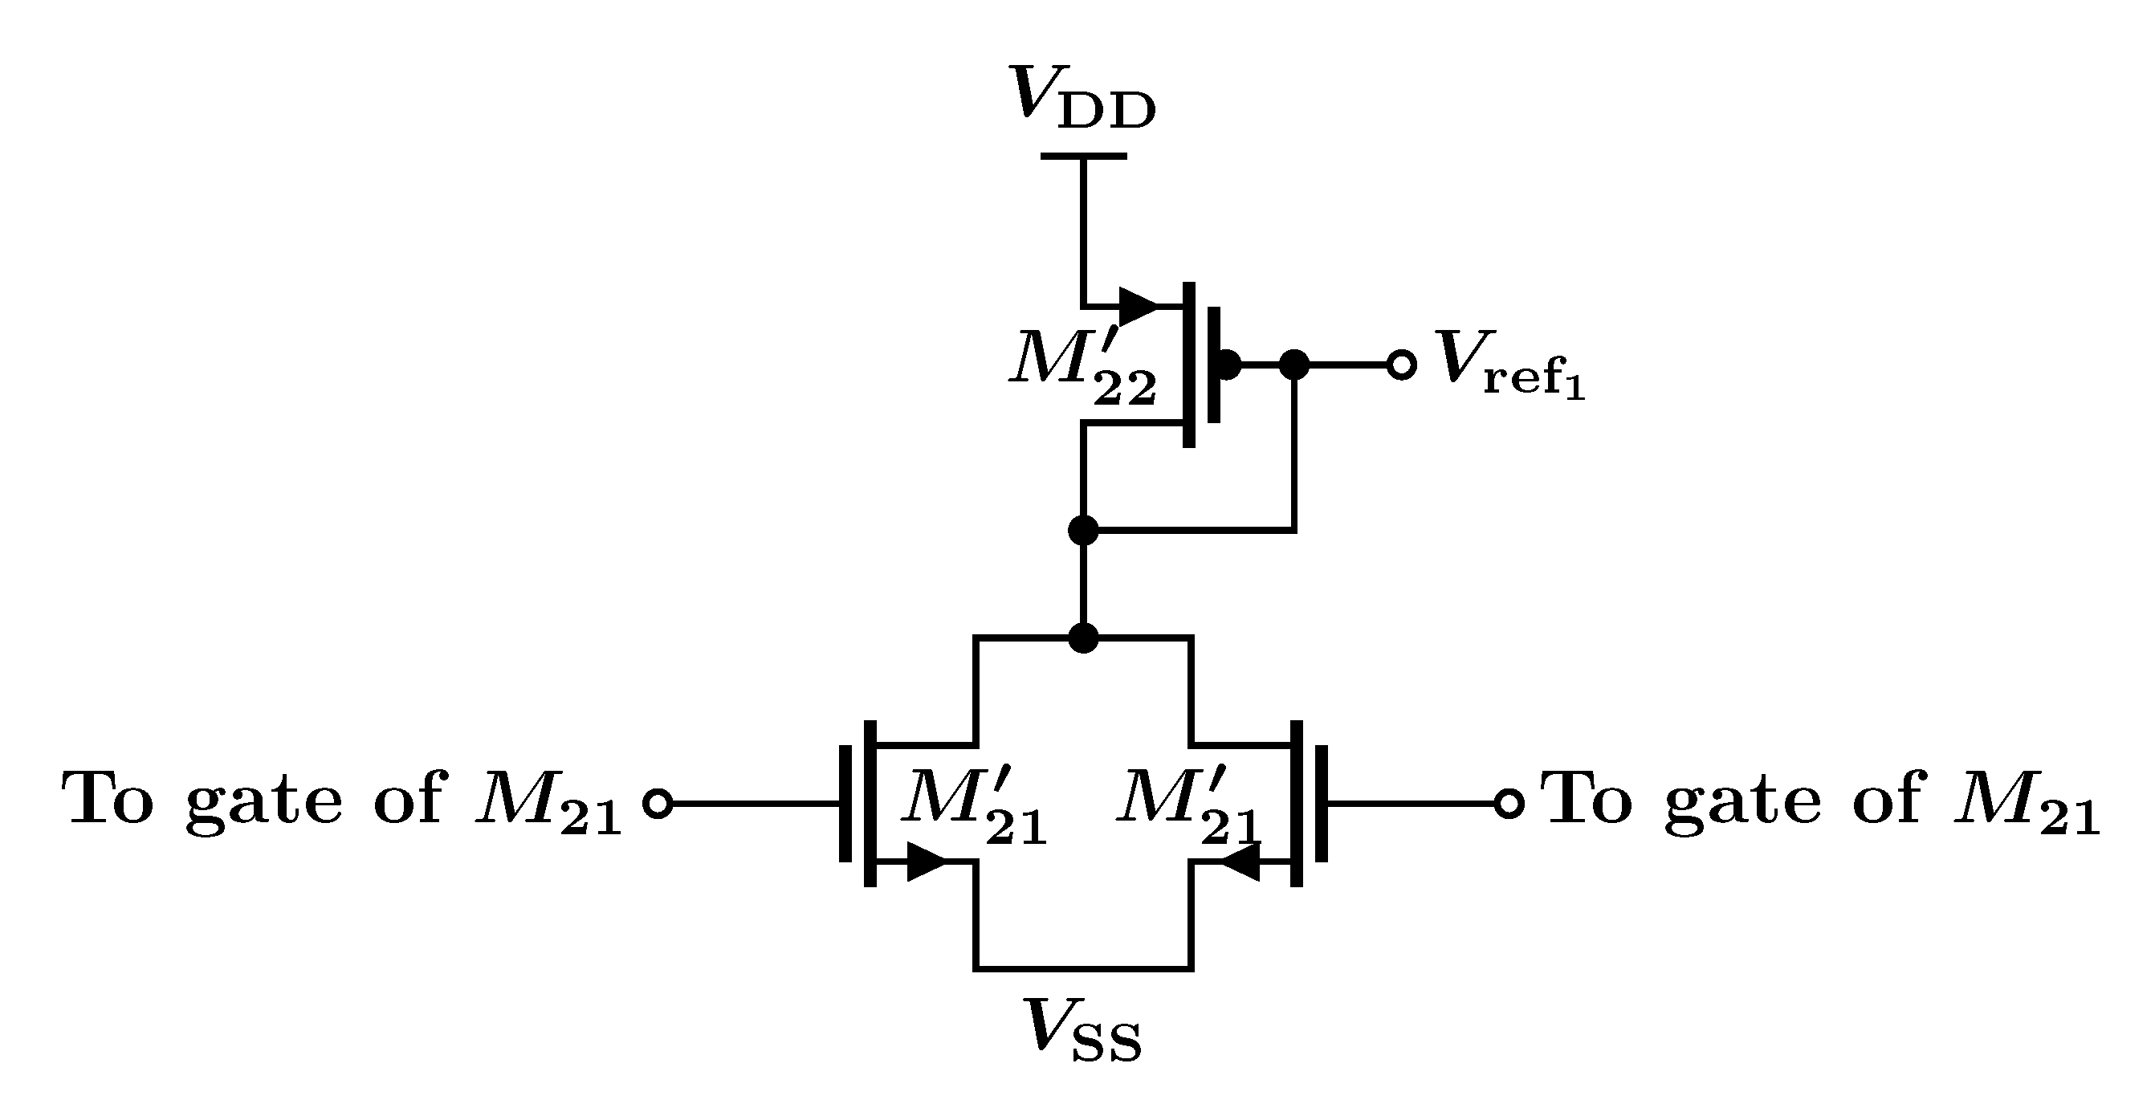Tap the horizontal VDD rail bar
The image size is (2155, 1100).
[1082, 156]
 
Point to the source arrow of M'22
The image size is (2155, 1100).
[1138, 306]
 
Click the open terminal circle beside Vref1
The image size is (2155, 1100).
[1401, 365]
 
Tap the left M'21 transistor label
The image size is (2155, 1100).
[974, 805]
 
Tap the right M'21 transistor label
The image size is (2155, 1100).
[1188, 805]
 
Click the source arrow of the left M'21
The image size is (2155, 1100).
[925, 862]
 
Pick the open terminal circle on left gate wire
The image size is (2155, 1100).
[658, 803]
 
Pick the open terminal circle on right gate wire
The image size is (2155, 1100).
[1509, 803]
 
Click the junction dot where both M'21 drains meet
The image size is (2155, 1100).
[1083, 638]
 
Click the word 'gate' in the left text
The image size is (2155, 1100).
[263, 801]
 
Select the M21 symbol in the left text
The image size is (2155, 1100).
[548, 805]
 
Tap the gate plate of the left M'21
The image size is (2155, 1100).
[845, 803]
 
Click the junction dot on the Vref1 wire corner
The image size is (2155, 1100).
[1294, 365]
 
